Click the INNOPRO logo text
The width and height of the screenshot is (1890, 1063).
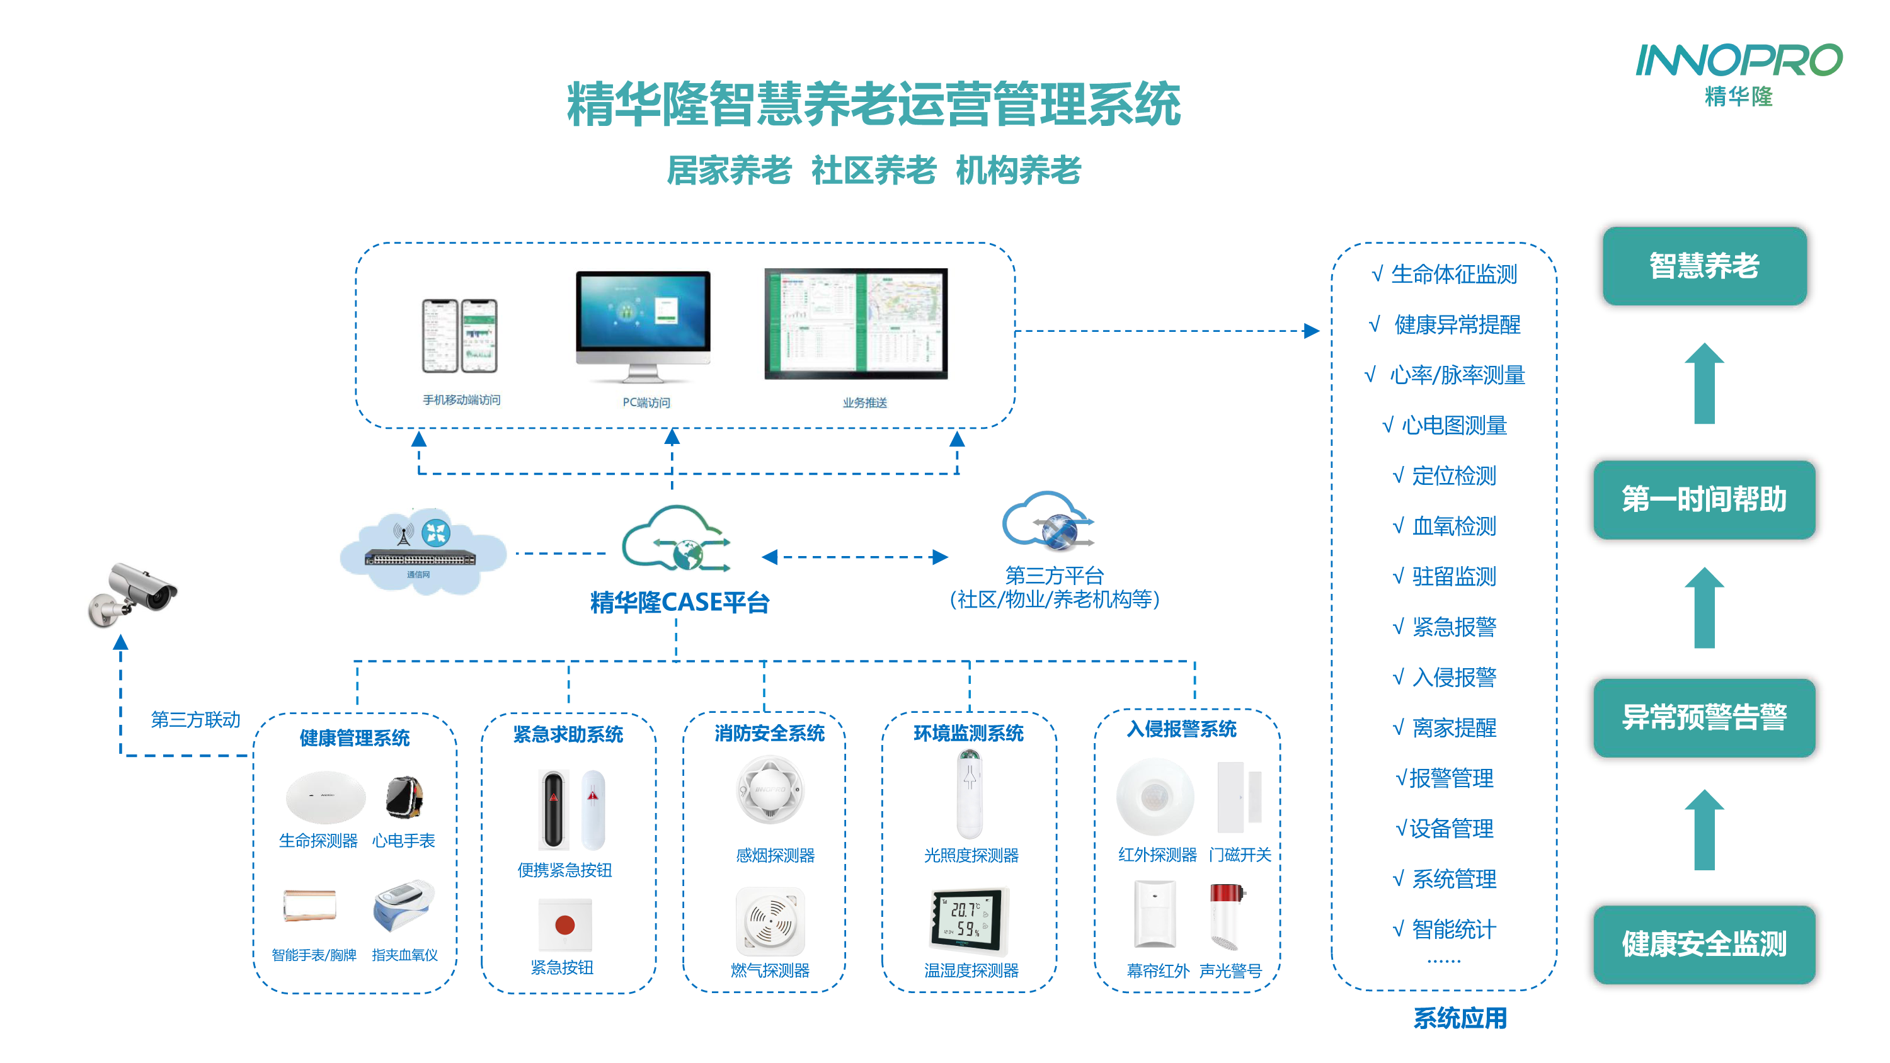[1738, 61]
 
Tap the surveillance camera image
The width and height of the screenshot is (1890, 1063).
[133, 594]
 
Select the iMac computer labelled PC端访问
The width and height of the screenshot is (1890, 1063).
[643, 326]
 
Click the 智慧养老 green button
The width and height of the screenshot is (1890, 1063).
[1704, 266]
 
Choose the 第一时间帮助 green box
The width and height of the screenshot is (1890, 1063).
[1704, 499]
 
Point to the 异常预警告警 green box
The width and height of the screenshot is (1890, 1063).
[1704, 717]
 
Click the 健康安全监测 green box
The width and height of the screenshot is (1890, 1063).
[1704, 944]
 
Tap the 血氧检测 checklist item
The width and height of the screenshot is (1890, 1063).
[1453, 526]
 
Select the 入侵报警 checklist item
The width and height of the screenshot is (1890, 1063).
[1453, 677]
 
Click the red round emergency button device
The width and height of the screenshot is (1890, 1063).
[564, 925]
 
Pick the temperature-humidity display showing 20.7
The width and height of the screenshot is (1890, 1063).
[968, 919]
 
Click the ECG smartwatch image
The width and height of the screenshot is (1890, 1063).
[404, 797]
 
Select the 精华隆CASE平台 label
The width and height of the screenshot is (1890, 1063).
[679, 602]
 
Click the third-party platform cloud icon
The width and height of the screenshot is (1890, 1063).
[1048, 522]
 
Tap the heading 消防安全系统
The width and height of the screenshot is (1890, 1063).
[769, 733]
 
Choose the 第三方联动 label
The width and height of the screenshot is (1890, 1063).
[195, 719]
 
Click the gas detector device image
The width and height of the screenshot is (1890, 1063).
[770, 921]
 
